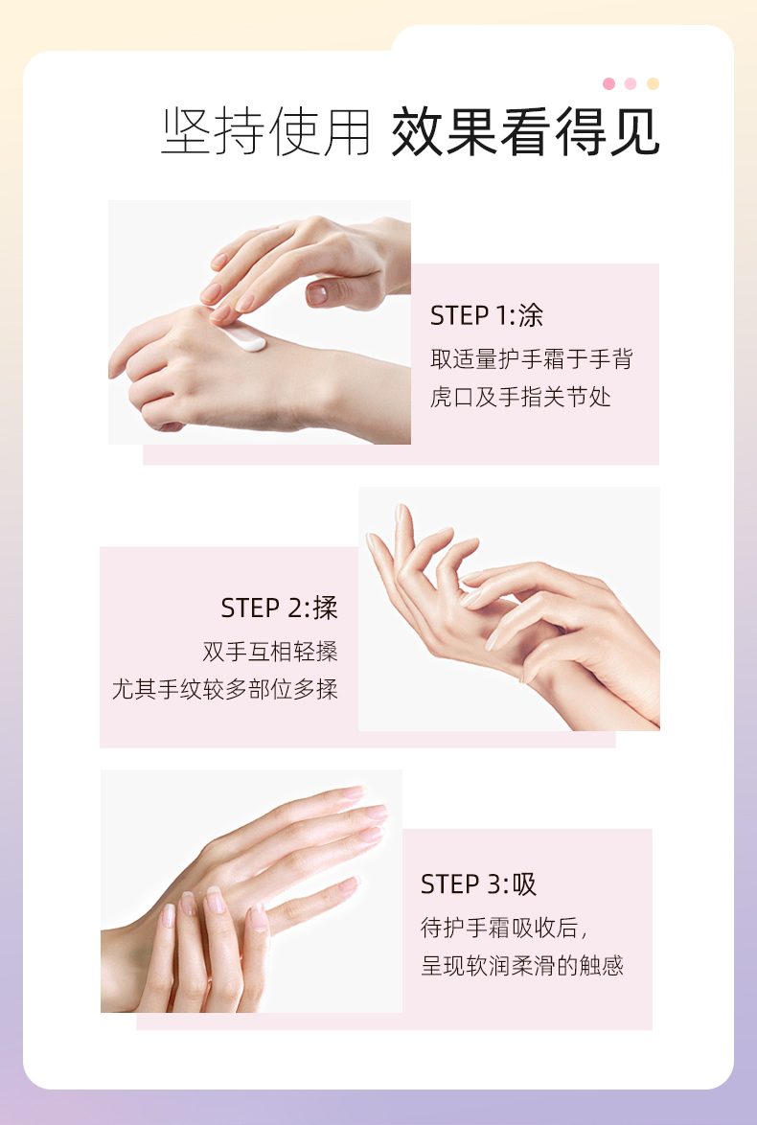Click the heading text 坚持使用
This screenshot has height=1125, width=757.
point(265,132)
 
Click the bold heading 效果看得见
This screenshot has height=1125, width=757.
point(525,132)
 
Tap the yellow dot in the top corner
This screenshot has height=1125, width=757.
point(653,84)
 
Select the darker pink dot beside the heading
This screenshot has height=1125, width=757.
point(609,84)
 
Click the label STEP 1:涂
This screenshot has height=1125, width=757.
point(487,315)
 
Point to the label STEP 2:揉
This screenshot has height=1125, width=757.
point(279,608)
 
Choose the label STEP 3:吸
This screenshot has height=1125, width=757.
point(478,884)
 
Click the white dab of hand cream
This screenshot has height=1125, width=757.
point(244,340)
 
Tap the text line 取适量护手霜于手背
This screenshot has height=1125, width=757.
point(532,358)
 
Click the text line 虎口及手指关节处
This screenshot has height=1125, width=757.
point(520,397)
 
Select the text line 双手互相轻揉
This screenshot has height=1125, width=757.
point(270,652)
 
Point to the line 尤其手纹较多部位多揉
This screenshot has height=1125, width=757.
point(224,690)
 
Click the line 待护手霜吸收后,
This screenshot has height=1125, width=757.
point(504,928)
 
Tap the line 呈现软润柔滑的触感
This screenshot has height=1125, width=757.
point(522,966)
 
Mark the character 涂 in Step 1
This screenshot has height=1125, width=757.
point(531,315)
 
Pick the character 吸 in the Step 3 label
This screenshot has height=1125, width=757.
point(524,884)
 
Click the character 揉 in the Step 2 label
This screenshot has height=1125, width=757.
point(326,608)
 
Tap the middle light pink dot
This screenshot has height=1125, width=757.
point(631,84)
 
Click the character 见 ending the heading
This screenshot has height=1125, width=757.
point(634,132)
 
